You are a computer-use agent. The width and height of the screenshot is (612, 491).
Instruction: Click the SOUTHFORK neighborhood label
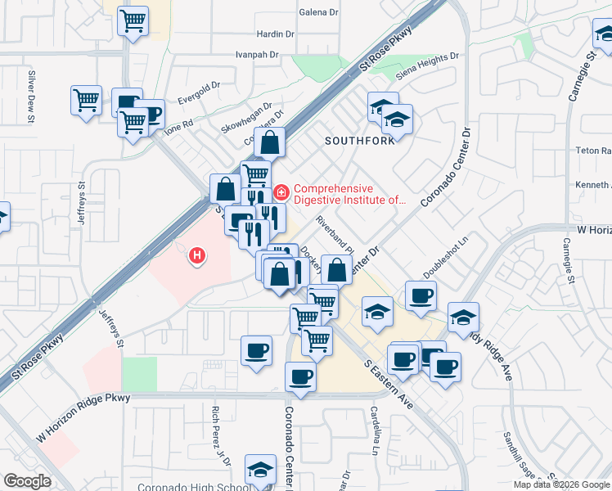click(359, 140)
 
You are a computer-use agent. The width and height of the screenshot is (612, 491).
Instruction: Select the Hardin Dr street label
click(275, 34)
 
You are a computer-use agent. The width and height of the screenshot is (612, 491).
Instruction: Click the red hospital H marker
click(196, 256)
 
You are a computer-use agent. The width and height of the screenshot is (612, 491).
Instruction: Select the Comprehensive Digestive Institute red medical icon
click(281, 193)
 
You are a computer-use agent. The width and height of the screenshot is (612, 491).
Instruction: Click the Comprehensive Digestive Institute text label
click(349, 193)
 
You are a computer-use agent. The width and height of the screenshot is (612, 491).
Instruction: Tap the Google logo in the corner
click(27, 481)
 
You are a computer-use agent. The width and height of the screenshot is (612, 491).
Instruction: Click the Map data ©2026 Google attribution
click(561, 484)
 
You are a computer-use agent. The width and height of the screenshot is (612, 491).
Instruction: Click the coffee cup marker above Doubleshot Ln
click(421, 295)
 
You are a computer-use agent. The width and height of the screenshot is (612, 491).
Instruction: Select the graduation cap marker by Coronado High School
click(260, 470)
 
